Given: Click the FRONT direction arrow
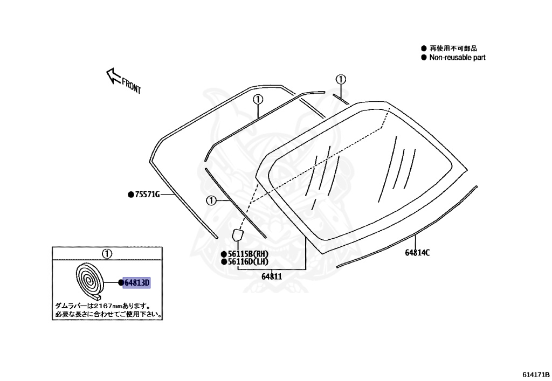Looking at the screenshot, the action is tap(113, 75).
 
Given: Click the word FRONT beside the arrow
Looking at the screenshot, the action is tap(132, 86).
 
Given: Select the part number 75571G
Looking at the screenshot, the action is tap(147, 195).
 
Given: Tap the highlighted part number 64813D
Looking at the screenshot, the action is tap(136, 283).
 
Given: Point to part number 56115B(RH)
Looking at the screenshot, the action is tap(248, 254).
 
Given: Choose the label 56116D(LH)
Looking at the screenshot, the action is tap(248, 262).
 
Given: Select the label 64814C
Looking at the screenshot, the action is tap(417, 252).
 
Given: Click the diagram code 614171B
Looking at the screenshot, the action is tap(534, 373).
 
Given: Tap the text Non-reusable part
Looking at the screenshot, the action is tap(457, 58).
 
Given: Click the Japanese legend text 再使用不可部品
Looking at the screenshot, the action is tap(453, 48).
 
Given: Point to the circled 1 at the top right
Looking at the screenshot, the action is tap(340, 79).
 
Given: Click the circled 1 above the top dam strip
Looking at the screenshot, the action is tap(258, 99).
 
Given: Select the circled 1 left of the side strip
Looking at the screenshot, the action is tap(211, 200).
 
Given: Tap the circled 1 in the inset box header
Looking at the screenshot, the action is tap(107, 253).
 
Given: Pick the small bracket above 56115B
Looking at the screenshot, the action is tap(237, 235).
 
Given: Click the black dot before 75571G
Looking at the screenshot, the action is tap(130, 195).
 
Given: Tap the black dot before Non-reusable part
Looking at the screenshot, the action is tap(424, 58).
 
